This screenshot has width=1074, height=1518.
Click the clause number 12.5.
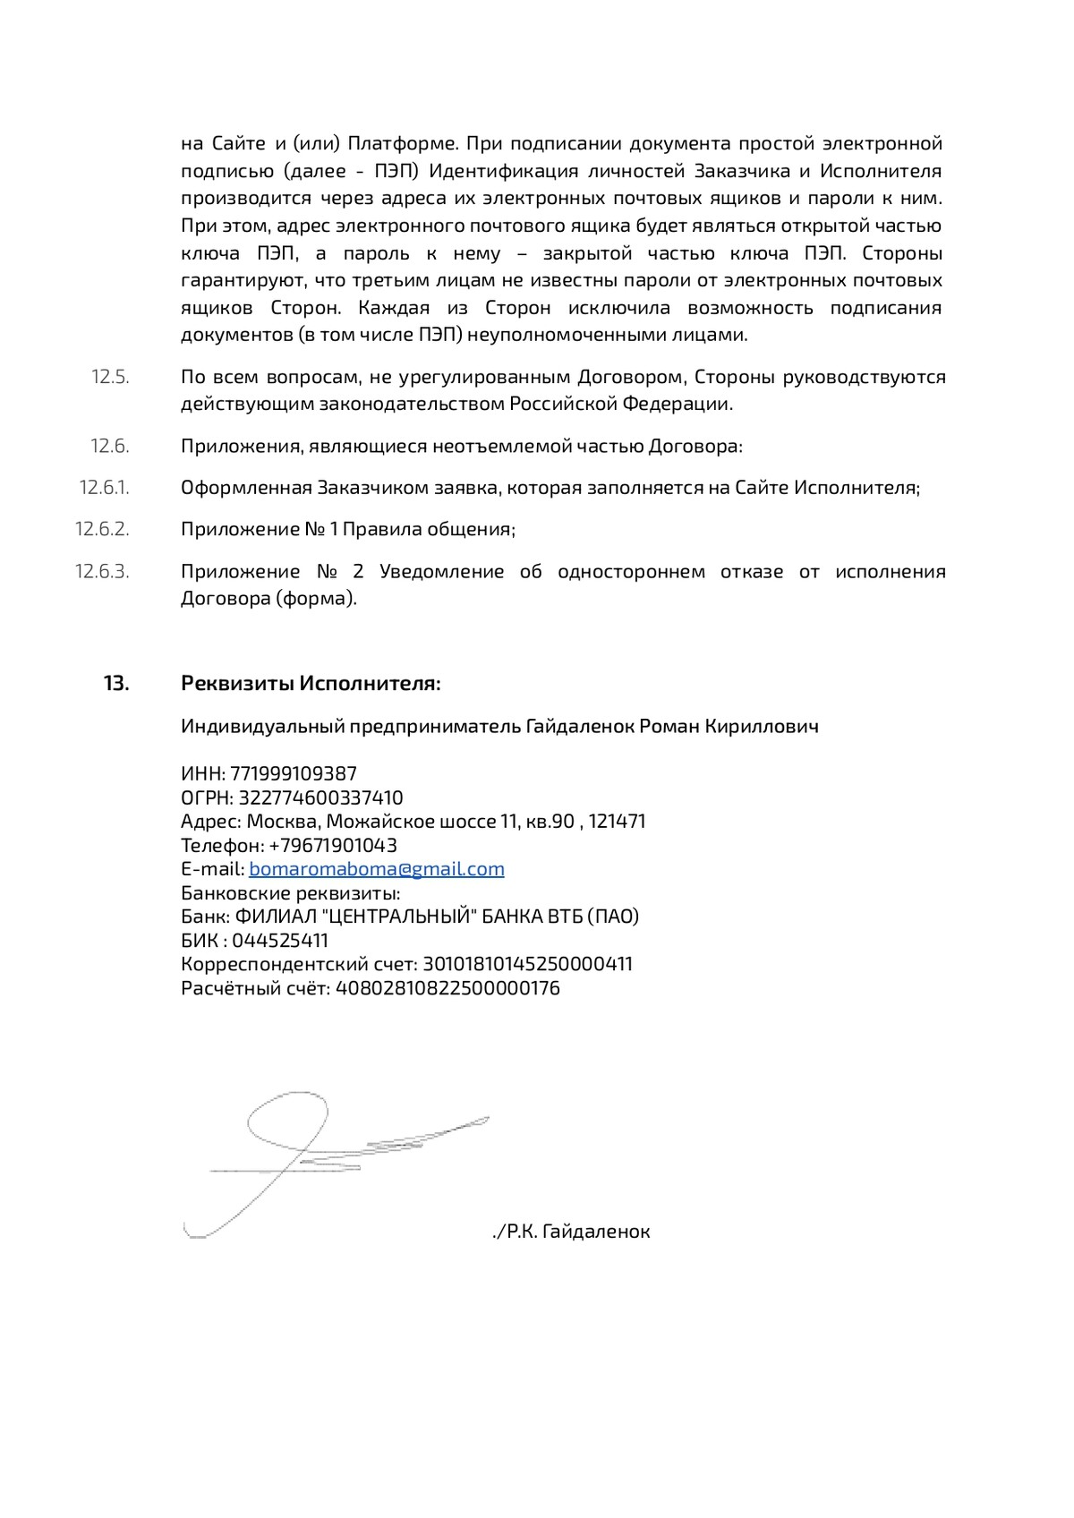[x=110, y=377]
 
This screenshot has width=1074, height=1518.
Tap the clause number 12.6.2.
[x=102, y=529]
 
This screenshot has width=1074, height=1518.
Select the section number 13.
[x=116, y=684]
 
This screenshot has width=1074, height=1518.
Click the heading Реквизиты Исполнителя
[x=311, y=684]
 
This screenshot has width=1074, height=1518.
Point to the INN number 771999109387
[x=294, y=773]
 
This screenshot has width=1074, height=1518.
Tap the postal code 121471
[x=617, y=822]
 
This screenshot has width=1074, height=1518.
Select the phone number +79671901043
[x=333, y=846]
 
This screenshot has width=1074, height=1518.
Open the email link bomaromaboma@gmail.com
[x=377, y=869]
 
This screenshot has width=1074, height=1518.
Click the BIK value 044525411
[x=280, y=941]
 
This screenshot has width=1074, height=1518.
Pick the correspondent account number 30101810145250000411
[x=527, y=965]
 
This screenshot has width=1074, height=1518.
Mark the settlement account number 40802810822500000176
[x=447, y=989]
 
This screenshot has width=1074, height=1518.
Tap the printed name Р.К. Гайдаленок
[x=578, y=1232]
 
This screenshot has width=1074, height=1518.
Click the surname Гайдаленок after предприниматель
[x=579, y=726]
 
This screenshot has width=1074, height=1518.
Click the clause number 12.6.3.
[x=102, y=572]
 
